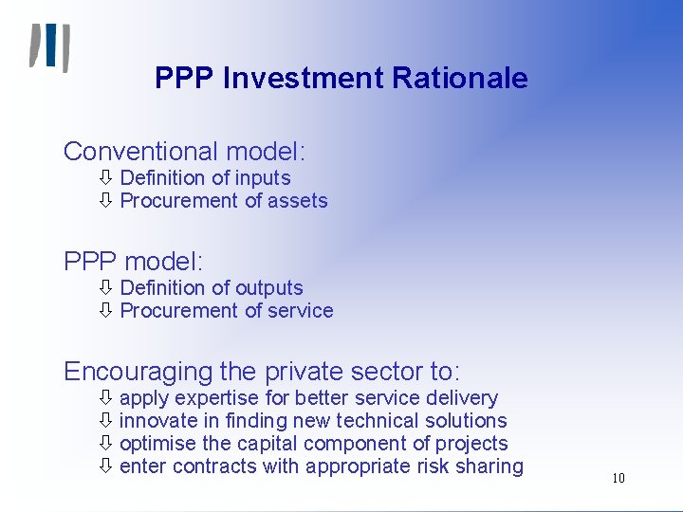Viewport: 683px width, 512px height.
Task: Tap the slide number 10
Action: coord(618,478)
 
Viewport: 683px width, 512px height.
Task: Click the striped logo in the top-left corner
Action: coord(49,47)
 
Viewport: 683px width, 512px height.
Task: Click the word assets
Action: coord(298,201)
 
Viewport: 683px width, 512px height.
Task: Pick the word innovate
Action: coord(157,421)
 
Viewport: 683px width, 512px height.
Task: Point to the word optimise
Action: coord(158,444)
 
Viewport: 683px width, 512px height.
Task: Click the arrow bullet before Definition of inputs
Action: coord(106,178)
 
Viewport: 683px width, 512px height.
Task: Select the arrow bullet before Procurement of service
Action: coord(106,311)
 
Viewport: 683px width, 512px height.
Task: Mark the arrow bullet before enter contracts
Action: coord(106,466)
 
